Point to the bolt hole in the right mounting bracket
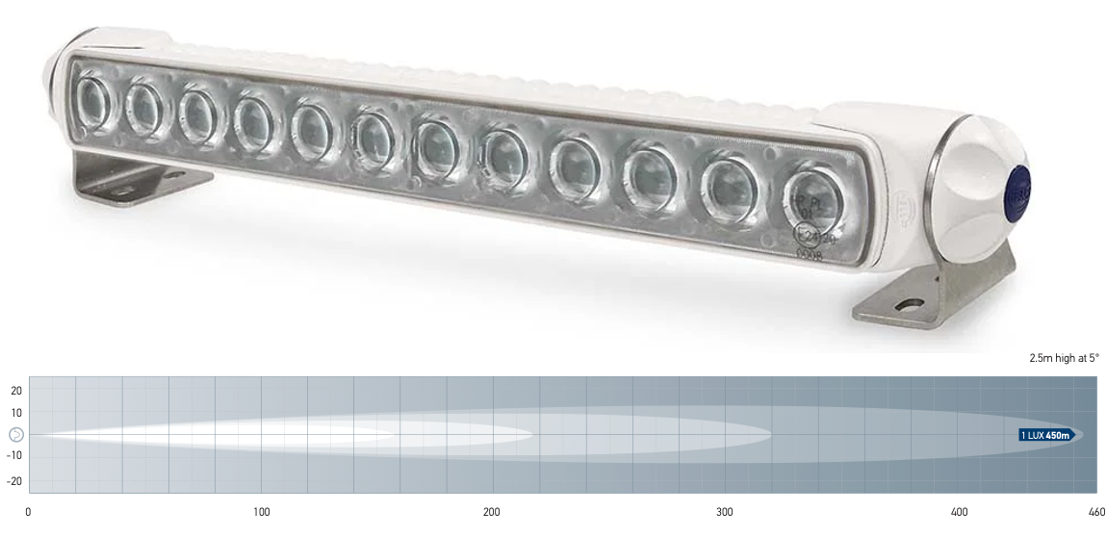click(905, 305)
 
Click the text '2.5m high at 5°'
click(1064, 358)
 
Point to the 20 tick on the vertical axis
click(16, 391)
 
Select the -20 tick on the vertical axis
click(14, 477)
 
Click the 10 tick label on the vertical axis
click(16, 413)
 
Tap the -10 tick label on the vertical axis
click(14, 455)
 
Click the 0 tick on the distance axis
click(28, 512)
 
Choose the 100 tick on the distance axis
click(261, 512)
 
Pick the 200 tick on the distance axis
click(493, 512)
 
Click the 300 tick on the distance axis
click(725, 512)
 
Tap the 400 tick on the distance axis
click(958, 512)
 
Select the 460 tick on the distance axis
click(1096, 512)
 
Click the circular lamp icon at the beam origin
click(16, 435)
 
